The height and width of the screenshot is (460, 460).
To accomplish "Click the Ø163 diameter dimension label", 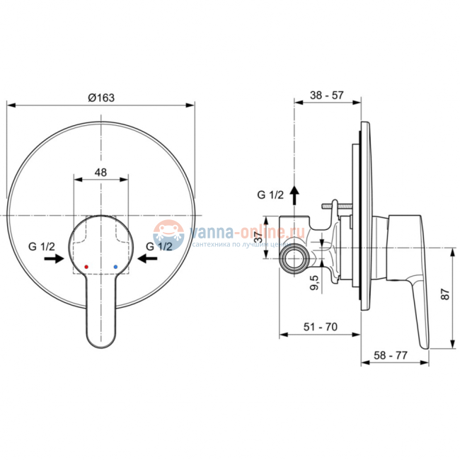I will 102,98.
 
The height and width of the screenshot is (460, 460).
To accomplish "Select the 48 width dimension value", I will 102,172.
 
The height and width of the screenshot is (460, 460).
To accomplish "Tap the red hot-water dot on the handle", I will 86,268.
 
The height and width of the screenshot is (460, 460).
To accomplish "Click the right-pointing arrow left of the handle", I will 54,260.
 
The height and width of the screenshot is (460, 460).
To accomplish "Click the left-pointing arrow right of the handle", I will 148,260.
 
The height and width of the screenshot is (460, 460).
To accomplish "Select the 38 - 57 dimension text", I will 328,93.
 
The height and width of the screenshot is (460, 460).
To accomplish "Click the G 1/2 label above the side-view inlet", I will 270,195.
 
